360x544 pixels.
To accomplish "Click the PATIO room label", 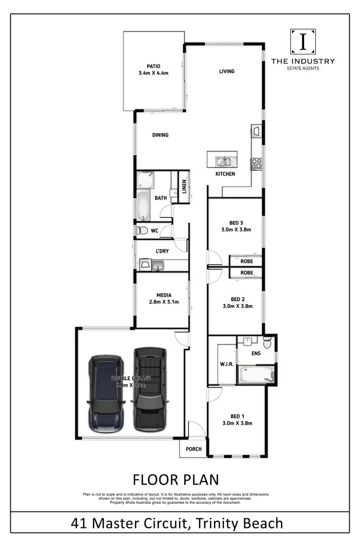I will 153,66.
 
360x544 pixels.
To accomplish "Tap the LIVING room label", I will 227,72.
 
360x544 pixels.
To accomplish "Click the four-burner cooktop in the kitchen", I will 256,163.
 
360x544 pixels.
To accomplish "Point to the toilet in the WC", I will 142,231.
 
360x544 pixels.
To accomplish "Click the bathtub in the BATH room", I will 144,205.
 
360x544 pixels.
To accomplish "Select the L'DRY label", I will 162,250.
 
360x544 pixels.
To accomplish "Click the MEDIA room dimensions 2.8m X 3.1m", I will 164,302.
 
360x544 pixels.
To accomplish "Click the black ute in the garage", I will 149,389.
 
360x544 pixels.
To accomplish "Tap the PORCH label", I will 193,449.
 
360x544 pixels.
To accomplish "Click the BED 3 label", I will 237,223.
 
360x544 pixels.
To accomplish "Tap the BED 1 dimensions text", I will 238,423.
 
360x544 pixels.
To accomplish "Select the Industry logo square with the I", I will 303,42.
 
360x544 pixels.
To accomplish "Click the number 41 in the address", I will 83,523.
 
